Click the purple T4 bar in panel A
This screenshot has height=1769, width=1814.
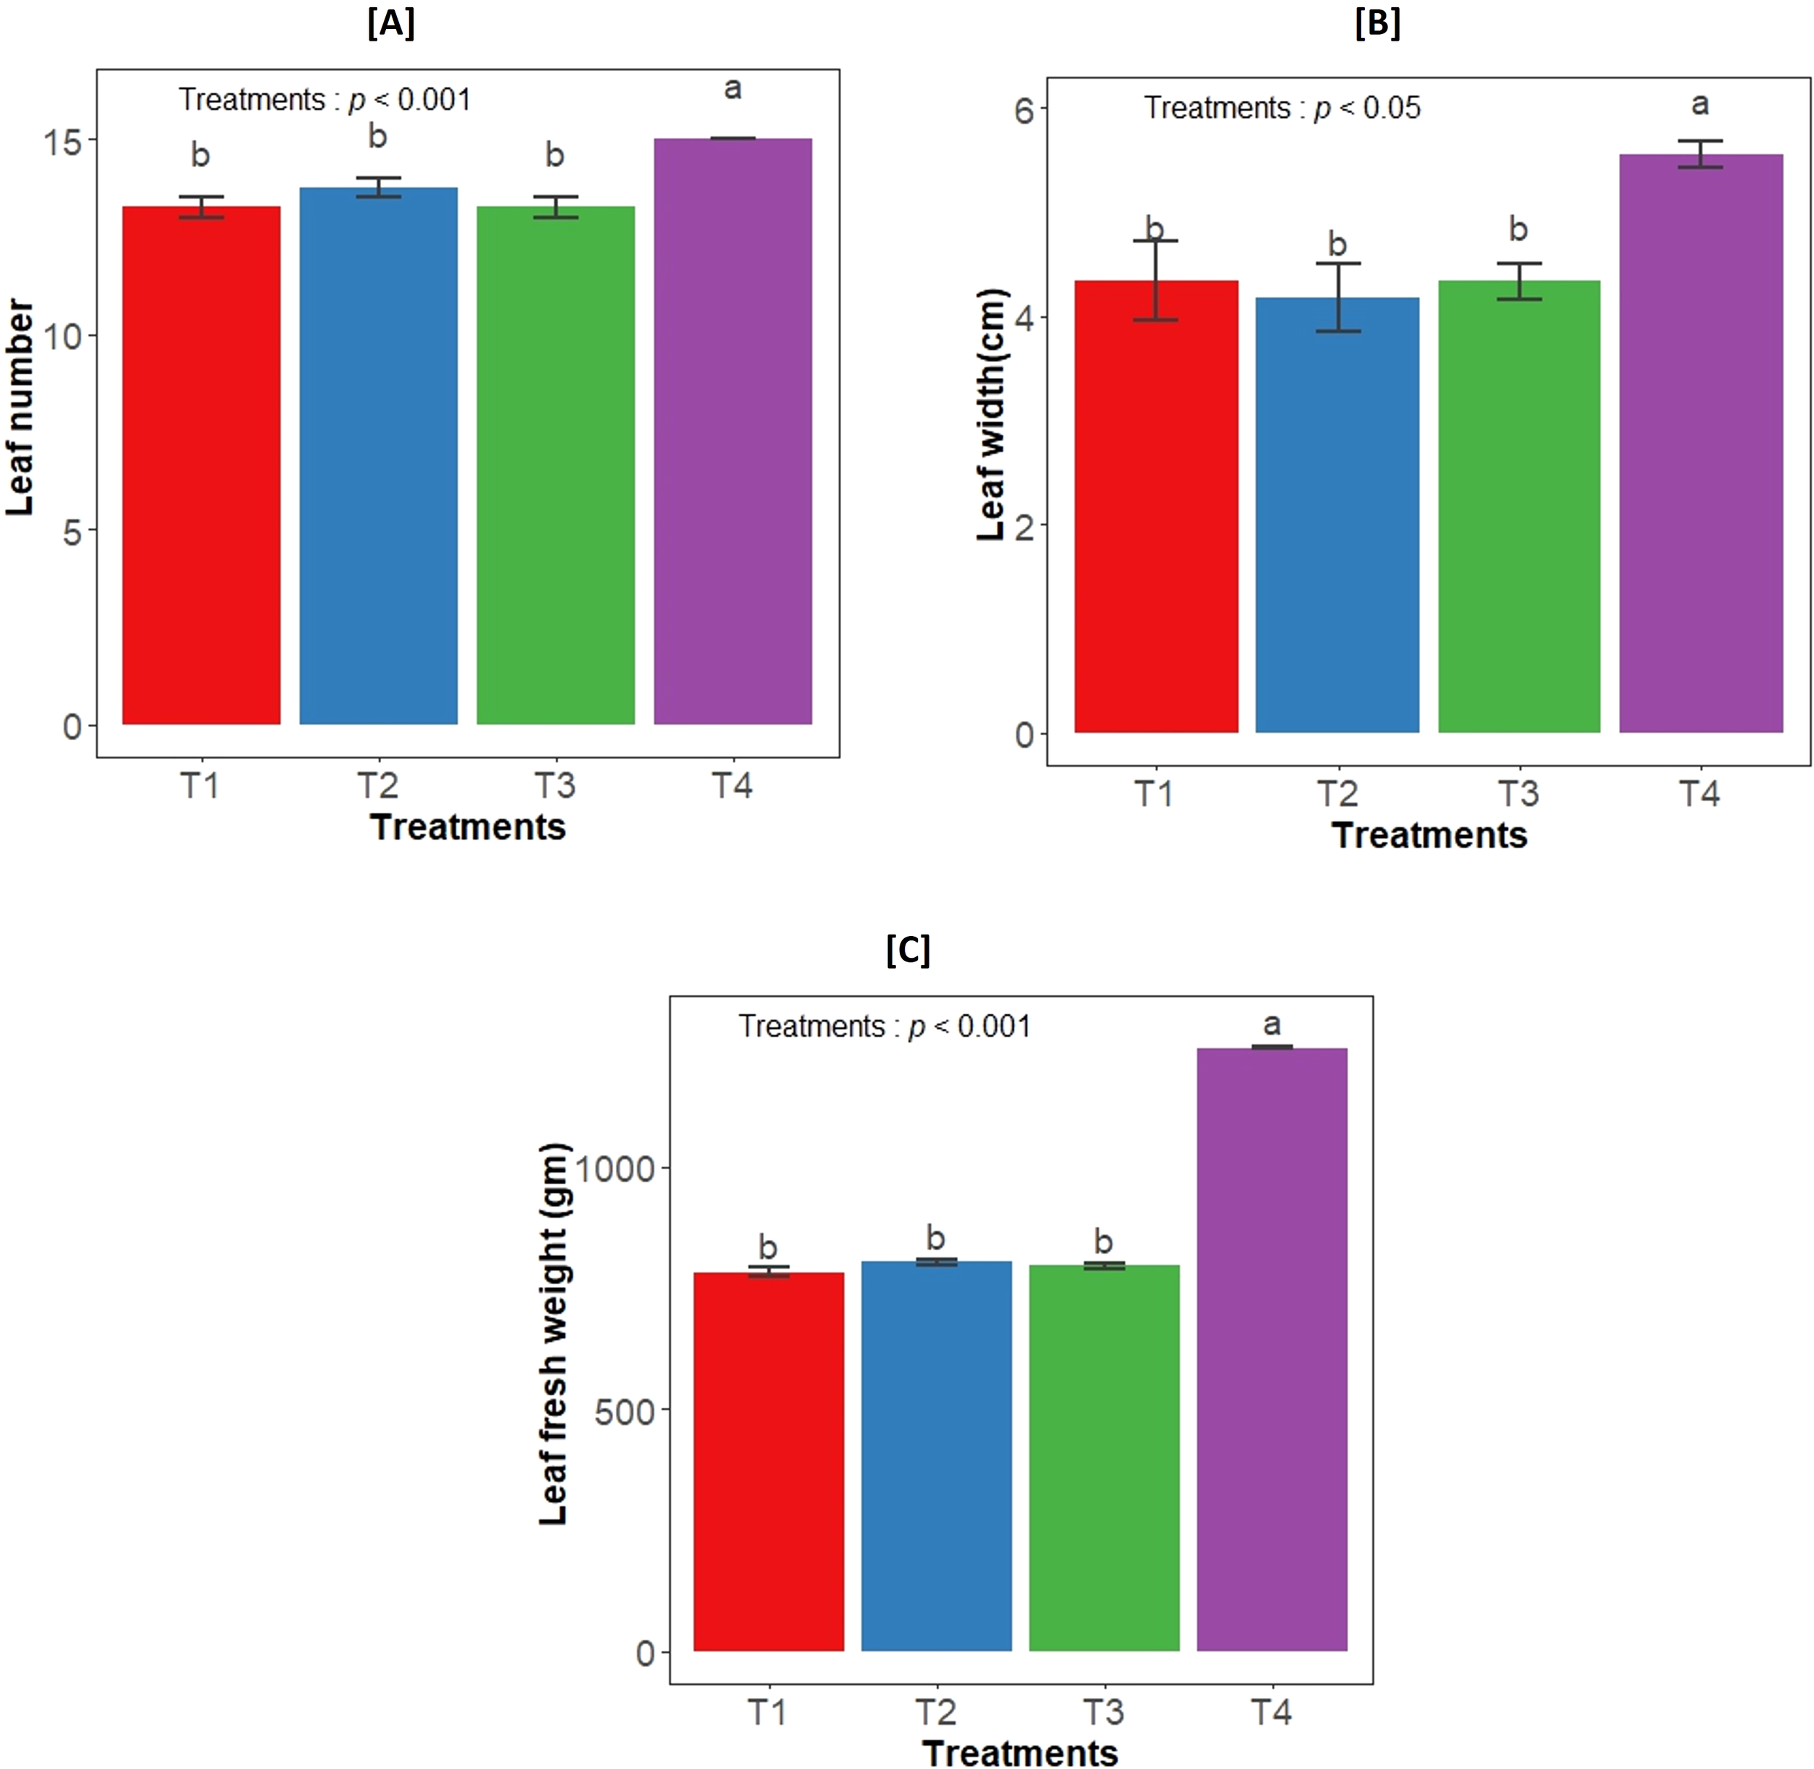(732, 432)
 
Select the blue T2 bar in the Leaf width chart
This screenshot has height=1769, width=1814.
(1337, 516)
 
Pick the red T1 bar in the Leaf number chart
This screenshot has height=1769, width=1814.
(201, 464)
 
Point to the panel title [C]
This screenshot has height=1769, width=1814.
(907, 951)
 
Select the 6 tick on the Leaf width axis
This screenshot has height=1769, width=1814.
(1023, 110)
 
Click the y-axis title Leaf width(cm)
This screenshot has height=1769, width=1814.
(992, 414)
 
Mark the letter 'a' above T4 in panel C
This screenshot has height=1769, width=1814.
(1271, 1025)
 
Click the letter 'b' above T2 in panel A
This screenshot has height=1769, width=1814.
(377, 136)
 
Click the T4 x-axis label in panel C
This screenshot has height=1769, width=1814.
(1271, 1712)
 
